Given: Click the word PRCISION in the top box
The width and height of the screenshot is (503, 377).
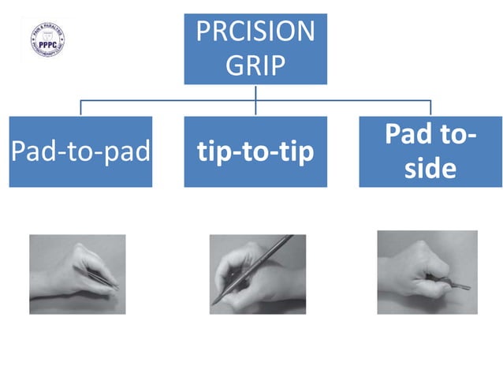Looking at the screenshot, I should click(255, 33).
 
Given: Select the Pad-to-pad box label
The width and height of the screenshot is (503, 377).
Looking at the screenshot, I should click(80, 151).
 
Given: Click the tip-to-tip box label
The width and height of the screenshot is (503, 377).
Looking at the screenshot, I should click(255, 152).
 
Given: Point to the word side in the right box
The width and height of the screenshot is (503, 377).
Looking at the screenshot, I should click(430, 169).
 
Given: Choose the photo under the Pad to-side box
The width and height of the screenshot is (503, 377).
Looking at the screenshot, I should click(427, 272).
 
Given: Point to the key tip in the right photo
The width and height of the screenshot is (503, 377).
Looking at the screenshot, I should click(467, 286).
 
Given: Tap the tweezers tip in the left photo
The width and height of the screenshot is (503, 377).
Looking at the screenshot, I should click(116, 288).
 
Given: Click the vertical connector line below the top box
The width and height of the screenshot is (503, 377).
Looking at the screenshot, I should click(255, 92).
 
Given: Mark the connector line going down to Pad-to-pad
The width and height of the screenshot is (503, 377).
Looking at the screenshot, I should click(80, 108).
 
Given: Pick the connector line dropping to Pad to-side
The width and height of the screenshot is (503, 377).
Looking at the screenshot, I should click(430, 108).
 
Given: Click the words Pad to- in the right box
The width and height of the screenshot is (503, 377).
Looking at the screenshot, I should click(430, 135).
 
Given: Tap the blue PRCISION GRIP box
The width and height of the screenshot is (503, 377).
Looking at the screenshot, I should click(255, 48).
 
